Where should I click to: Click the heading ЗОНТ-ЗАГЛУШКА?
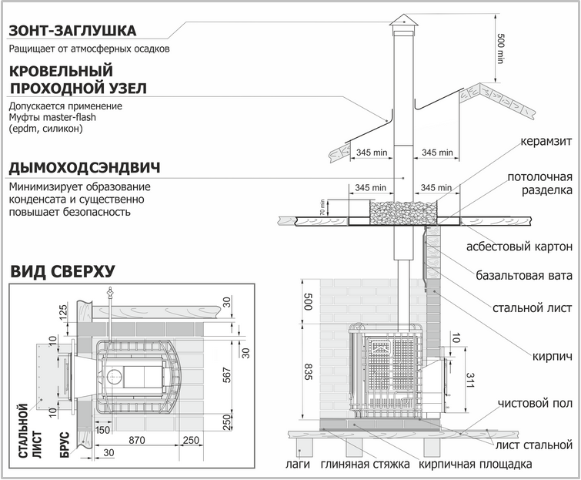pyautogui.click(x=72, y=31)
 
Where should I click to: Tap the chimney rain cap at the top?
pyautogui.click(x=403, y=22)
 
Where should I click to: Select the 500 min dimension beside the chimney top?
pyautogui.click(x=501, y=49)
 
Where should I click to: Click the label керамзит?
pyautogui.click(x=546, y=141)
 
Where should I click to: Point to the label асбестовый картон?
pyautogui.click(x=519, y=247)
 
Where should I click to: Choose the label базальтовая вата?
pyautogui.click(x=524, y=276)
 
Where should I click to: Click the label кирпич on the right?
pyautogui.click(x=552, y=357)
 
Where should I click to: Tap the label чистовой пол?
pyautogui.click(x=535, y=403)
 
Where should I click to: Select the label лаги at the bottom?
pyautogui.click(x=298, y=464)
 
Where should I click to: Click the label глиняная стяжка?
pyautogui.click(x=366, y=464)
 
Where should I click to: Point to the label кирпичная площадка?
pyautogui.click(x=476, y=464)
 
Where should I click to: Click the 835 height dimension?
pyautogui.click(x=309, y=372)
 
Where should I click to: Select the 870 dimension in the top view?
pyautogui.click(x=137, y=440)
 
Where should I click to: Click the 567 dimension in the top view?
pyautogui.click(x=227, y=375)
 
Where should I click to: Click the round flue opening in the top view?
pyautogui.click(x=113, y=377)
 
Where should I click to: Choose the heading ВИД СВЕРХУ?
pyautogui.click(x=62, y=271)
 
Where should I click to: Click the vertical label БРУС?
pyautogui.click(x=64, y=445)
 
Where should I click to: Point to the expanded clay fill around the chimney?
pyautogui.click(x=403, y=213)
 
